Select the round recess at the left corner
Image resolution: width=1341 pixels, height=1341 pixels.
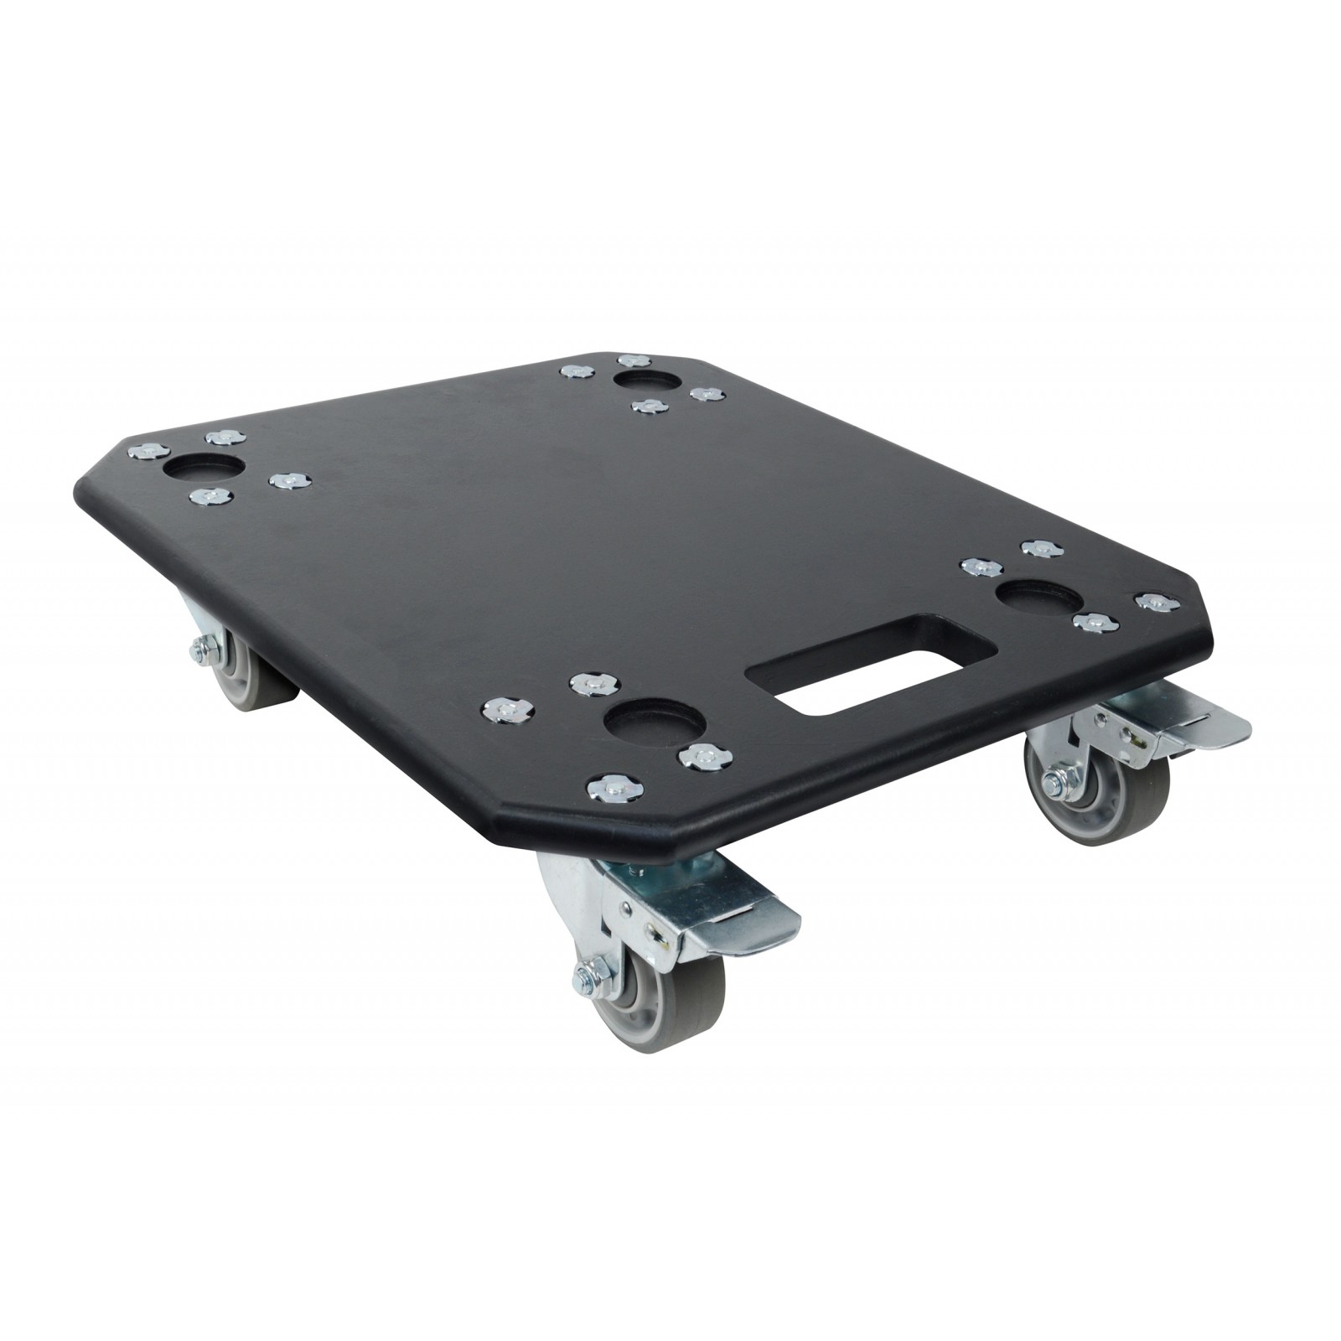(205, 467)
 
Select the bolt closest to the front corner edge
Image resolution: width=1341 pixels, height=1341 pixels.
(610, 786)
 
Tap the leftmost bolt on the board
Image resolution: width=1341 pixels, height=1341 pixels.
(144, 450)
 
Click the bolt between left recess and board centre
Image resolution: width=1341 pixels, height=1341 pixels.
(289, 480)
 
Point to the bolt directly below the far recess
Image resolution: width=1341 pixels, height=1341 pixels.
(646, 406)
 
